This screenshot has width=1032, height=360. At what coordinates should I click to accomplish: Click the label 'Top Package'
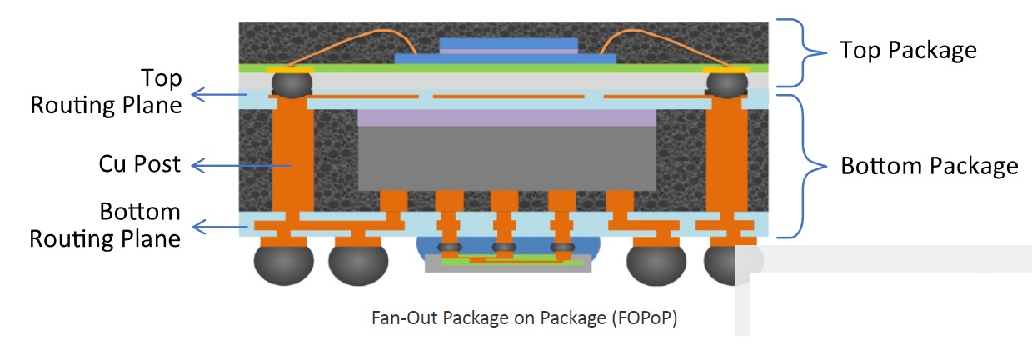tap(907, 51)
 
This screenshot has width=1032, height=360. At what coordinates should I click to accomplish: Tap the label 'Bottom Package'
tap(929, 166)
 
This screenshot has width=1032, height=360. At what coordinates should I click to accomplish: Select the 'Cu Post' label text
tap(139, 164)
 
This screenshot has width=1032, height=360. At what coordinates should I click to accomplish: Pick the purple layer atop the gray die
tap(506, 117)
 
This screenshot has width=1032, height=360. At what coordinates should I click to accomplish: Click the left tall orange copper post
tap(292, 162)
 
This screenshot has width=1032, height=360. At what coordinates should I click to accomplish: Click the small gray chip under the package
tap(507, 265)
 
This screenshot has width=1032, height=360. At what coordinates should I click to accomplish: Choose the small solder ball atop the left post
tap(292, 83)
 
